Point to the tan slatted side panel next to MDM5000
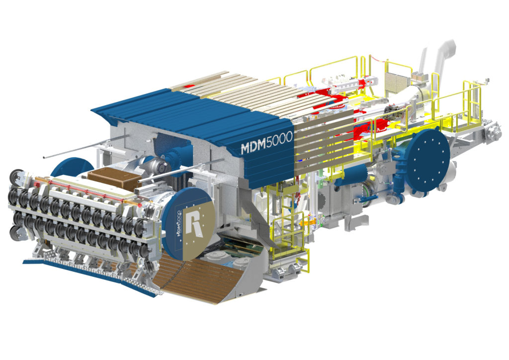[x=318, y=144]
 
